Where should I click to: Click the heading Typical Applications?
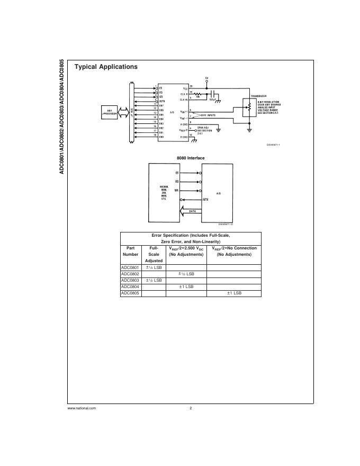click(106, 67)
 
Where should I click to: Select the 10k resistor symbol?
click(199, 93)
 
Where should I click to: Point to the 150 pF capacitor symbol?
click(212, 94)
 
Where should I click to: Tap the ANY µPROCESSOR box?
click(110, 112)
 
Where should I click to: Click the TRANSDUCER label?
click(258, 96)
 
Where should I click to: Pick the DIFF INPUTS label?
click(208, 114)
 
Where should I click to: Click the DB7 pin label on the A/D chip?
click(161, 105)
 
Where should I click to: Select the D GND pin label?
click(184, 137)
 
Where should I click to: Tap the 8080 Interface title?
click(191, 158)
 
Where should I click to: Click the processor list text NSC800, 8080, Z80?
click(164, 191)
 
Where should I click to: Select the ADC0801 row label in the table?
click(130, 267)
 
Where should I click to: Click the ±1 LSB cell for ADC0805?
click(234, 293)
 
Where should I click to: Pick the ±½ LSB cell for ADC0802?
click(186, 274)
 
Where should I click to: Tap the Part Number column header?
click(130, 251)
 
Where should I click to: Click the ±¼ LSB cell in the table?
click(154, 267)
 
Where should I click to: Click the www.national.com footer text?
click(82, 408)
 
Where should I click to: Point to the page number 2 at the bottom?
click(191, 408)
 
